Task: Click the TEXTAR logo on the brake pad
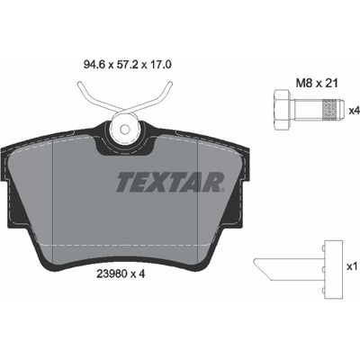pos(170,182)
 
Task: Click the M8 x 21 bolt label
pos(317,83)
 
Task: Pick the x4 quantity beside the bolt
pos(354,111)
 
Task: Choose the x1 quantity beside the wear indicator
pos(353,266)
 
